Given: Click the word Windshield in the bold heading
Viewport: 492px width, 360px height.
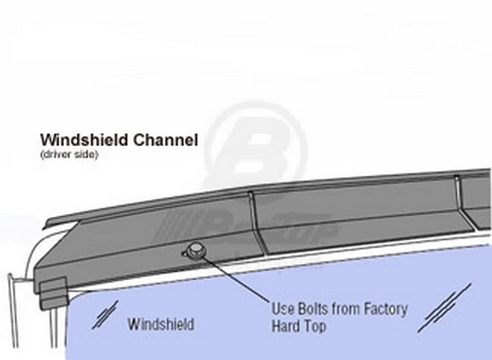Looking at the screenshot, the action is [84, 140].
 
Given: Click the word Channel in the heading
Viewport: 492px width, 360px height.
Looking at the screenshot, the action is [165, 140].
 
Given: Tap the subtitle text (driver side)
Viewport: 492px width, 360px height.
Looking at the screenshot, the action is [69, 155].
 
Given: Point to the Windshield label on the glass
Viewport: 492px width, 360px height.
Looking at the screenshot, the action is [161, 324].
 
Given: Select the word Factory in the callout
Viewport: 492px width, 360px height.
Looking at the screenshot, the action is [386, 308].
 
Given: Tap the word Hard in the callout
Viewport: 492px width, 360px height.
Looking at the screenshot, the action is [285, 325].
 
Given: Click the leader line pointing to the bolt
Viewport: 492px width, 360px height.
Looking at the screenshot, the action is [235, 278].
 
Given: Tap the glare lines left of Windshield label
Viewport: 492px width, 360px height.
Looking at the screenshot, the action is [105, 315].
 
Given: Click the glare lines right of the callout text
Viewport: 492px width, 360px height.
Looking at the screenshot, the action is [444, 308].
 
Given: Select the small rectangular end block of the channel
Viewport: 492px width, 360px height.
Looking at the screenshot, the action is [53, 292].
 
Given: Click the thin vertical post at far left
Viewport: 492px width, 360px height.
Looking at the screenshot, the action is [13, 311].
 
